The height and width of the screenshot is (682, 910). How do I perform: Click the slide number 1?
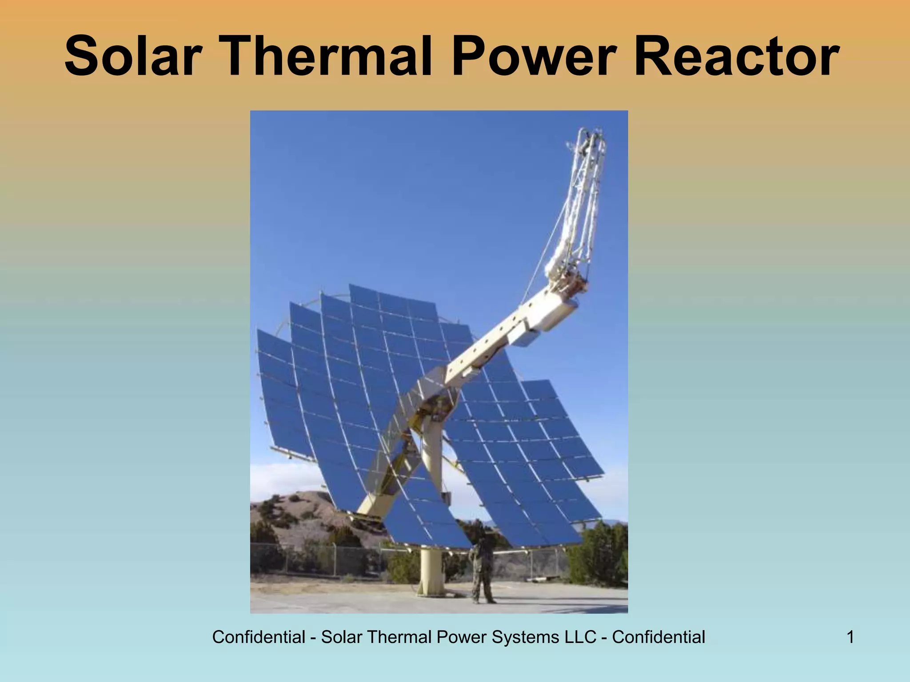pos(850,637)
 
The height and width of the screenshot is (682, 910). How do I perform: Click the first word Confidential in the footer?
pos(259,637)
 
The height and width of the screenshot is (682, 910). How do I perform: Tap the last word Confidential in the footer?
pos(659,637)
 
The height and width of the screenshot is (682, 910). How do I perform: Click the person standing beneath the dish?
pos(482,573)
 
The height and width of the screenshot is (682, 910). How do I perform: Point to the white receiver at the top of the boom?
pos(587,178)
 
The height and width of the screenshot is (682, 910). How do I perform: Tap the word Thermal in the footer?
pos(398,637)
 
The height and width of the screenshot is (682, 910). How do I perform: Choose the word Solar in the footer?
pos(341,637)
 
